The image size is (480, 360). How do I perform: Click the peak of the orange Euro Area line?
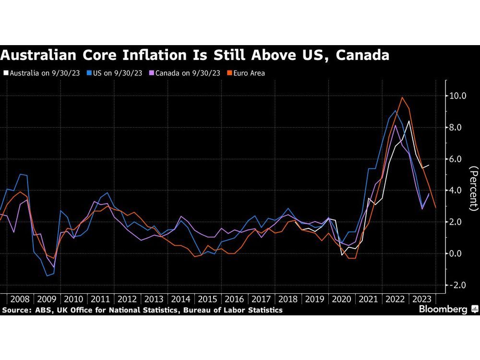[x=402, y=97]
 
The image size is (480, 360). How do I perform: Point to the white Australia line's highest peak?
[x=408, y=121]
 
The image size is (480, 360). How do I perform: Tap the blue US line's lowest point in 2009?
[x=47, y=276]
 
